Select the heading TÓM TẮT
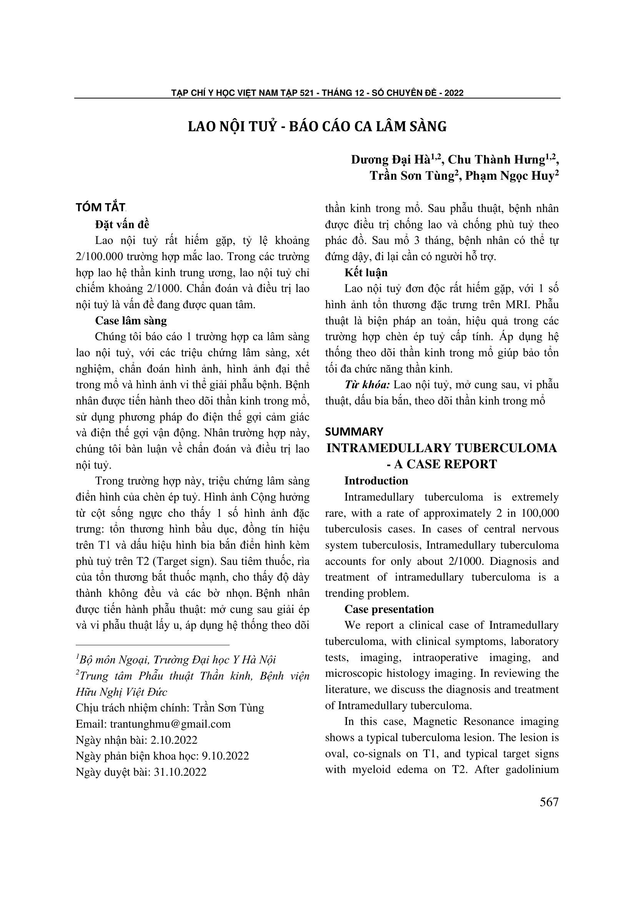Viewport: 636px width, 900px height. tap(100, 207)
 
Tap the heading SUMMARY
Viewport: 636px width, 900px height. tap(354, 432)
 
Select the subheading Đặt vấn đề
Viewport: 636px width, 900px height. tap(122, 225)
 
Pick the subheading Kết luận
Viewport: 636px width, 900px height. tap(366, 273)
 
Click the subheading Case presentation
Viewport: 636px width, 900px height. tap(389, 609)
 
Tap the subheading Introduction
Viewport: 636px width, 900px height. tap(376, 481)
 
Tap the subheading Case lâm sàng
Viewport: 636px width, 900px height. tap(131, 321)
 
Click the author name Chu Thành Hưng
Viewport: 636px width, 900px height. tap(496, 160)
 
